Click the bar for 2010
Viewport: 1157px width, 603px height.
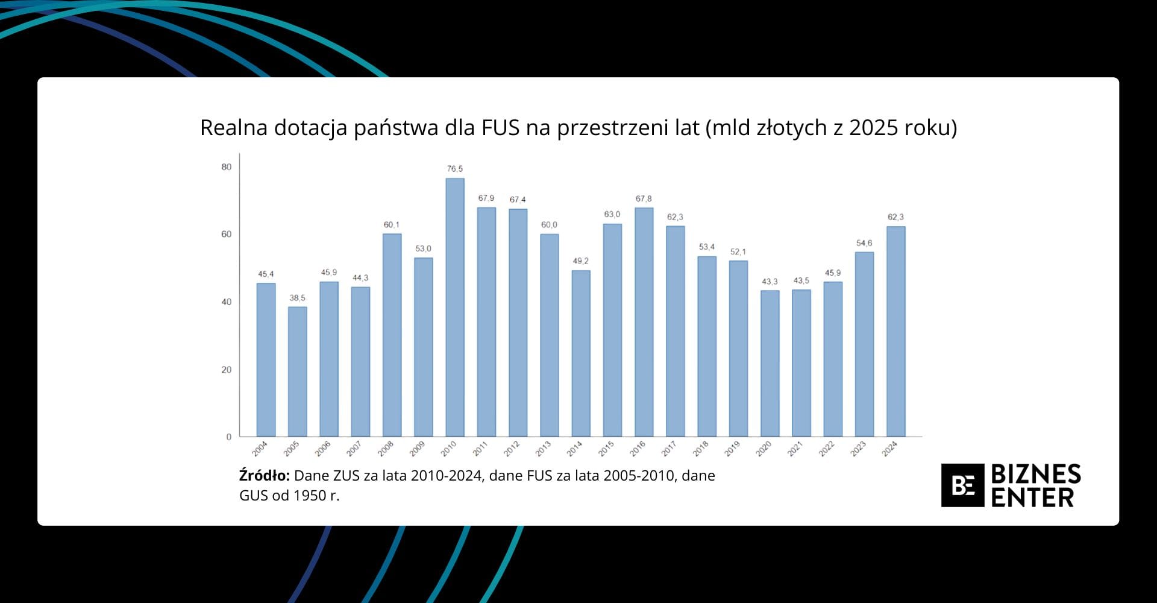455,308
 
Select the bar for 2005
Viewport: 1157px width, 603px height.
298,371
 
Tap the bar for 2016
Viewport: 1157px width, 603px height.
644,322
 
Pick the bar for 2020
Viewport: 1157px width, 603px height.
770,364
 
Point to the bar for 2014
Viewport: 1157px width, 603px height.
581,353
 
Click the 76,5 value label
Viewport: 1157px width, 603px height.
455,169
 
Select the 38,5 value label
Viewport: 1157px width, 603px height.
298,298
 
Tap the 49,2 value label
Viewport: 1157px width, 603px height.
581,261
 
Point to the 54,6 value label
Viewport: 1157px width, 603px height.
864,243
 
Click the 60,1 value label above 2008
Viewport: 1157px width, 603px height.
392,225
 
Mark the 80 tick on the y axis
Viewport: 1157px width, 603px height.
227,167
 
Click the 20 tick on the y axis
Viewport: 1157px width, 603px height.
227,370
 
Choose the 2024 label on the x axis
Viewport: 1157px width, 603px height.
889,449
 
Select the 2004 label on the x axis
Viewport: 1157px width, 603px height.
260,449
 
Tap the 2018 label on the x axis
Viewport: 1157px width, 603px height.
700,449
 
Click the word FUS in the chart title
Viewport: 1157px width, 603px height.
500,128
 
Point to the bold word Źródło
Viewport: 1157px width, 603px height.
264,476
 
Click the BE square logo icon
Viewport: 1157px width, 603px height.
962,485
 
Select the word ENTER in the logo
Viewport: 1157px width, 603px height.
1032,498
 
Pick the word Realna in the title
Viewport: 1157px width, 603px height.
234,128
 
